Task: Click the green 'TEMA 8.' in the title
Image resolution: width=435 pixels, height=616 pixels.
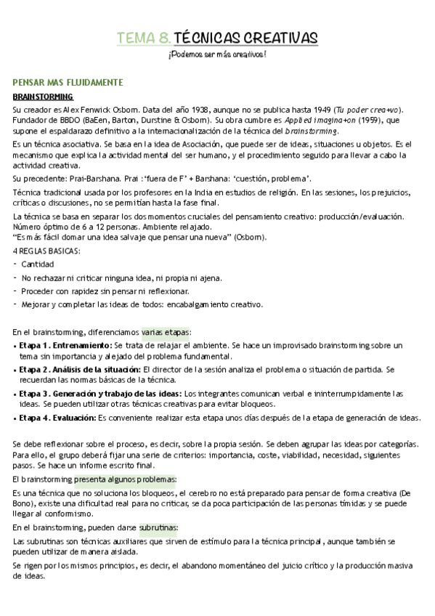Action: [x=144, y=38]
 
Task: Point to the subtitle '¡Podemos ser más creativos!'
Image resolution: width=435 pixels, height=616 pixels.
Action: [x=217, y=55]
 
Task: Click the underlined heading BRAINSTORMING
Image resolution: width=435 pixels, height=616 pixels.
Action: [x=43, y=97]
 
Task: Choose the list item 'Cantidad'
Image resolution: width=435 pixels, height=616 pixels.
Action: [x=38, y=264]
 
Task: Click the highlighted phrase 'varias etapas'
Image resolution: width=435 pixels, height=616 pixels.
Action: [x=166, y=332]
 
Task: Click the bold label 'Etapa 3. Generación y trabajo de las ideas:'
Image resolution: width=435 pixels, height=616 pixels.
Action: [x=101, y=394]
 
